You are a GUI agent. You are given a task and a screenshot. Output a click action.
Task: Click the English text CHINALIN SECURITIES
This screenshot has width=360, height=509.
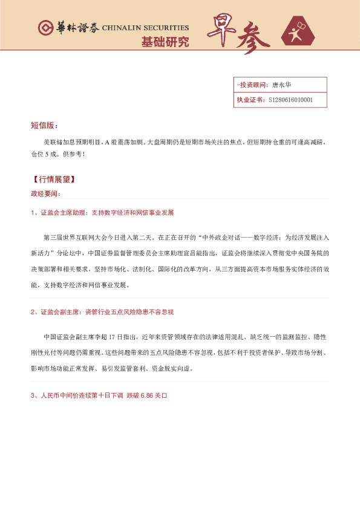(x=145, y=28)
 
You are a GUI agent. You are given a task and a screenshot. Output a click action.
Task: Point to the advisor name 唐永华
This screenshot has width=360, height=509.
(x=282, y=85)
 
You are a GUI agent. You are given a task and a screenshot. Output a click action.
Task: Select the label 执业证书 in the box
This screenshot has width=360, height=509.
(x=250, y=100)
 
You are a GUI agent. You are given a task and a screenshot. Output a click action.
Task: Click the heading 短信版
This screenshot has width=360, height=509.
(x=44, y=125)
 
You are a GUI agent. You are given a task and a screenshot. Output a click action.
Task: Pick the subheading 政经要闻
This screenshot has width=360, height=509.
(x=45, y=193)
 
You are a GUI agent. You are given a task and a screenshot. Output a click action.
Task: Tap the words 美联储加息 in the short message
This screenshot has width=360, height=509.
(x=59, y=142)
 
